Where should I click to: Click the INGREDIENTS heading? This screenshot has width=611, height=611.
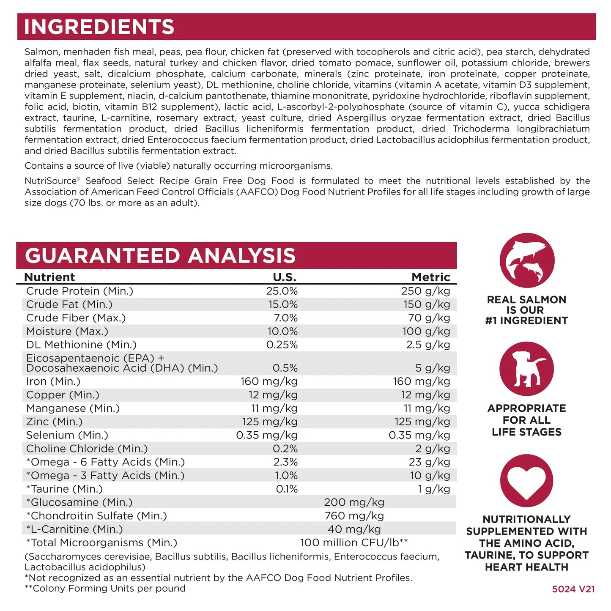[x=99, y=27]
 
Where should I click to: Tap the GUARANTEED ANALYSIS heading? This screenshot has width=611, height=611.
[x=160, y=256]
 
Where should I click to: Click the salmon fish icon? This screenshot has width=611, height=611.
[x=526, y=260]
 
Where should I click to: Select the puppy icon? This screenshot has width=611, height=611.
[x=526, y=369]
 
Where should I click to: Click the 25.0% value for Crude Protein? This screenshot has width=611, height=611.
[x=282, y=291]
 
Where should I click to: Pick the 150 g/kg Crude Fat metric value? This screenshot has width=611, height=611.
[x=426, y=304]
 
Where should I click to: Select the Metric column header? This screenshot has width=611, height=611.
[x=431, y=277]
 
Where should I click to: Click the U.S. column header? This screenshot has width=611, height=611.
[x=285, y=277]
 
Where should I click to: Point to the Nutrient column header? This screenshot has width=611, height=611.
[x=49, y=277]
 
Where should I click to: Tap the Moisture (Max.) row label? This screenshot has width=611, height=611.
[x=67, y=331]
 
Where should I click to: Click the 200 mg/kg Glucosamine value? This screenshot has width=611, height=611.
[x=354, y=502]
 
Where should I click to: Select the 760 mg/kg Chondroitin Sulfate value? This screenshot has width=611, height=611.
[x=354, y=516]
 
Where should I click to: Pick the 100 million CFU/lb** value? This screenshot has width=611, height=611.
[x=354, y=543]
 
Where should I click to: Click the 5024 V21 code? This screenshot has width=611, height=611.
[x=573, y=589]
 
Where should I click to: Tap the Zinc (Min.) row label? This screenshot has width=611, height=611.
[x=54, y=422]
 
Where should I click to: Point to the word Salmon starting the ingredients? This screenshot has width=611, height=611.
[x=41, y=52]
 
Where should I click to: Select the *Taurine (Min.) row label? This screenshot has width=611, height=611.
[x=64, y=489]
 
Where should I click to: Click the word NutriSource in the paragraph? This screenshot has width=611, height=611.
[x=50, y=181]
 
